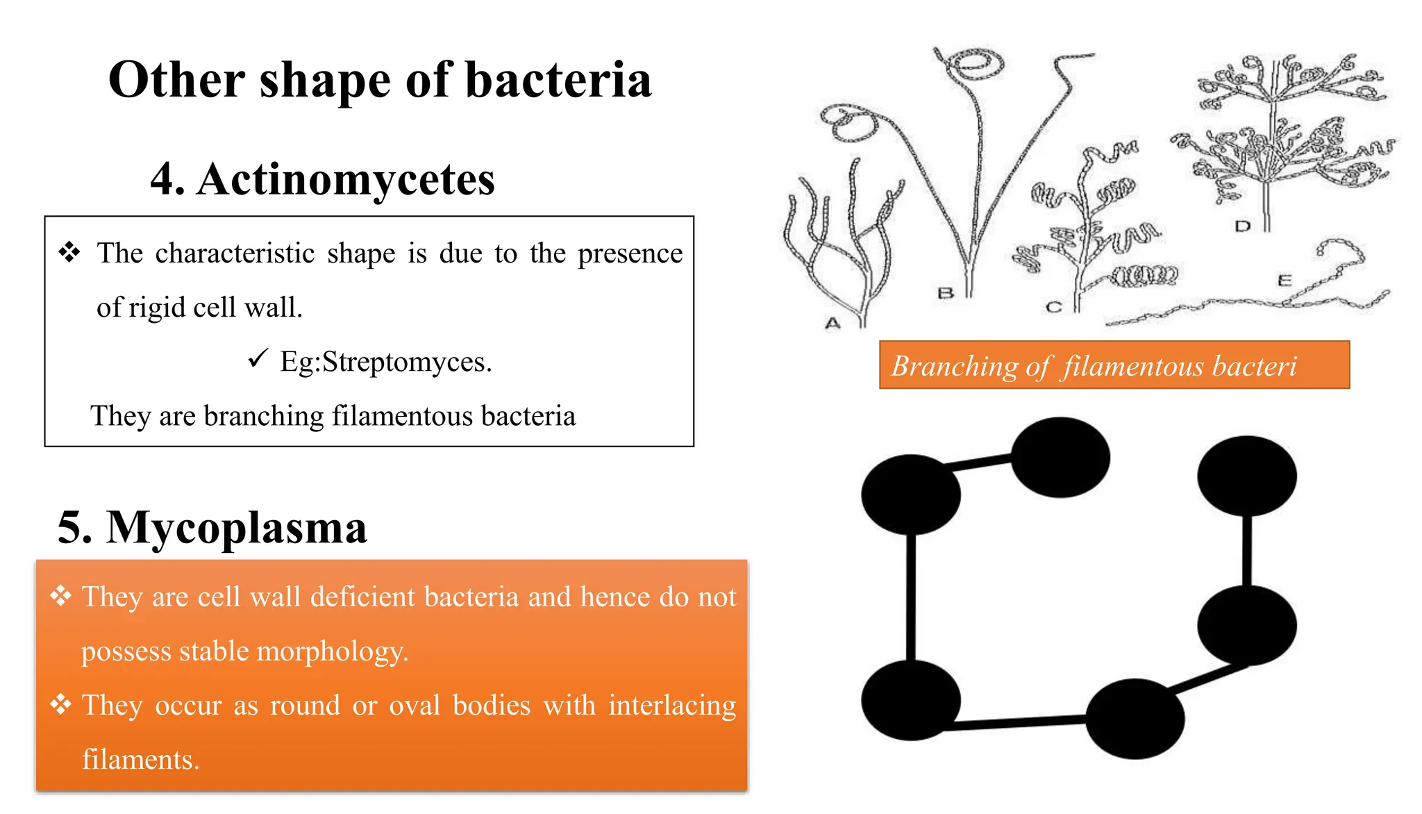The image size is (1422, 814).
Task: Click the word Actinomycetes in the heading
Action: (x=345, y=179)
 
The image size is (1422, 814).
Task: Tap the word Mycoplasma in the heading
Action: (x=236, y=528)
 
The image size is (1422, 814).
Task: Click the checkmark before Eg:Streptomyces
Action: (x=258, y=359)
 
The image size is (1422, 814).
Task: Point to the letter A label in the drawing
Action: (x=833, y=323)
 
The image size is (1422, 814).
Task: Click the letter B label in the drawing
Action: (x=945, y=293)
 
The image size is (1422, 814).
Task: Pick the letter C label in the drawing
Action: (x=1053, y=307)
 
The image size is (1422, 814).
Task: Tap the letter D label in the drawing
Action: (x=1243, y=226)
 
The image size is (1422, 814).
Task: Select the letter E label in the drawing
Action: (x=1285, y=281)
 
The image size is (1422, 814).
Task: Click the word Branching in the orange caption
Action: (x=955, y=366)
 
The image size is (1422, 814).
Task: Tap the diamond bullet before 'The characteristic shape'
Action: (x=69, y=252)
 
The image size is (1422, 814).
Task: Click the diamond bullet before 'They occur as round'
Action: (x=61, y=704)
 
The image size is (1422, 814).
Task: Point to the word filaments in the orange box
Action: (x=140, y=760)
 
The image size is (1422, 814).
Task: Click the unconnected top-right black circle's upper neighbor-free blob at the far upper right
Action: (x=1246, y=476)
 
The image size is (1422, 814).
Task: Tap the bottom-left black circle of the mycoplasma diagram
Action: (x=910, y=699)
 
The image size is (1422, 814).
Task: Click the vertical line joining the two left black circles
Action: (x=910, y=597)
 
